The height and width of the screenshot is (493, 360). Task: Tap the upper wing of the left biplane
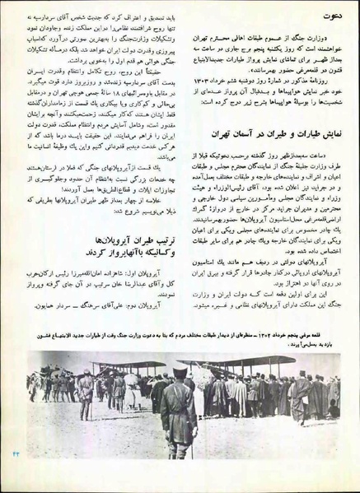point(115,390)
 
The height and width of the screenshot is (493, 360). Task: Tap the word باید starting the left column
point(168,15)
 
